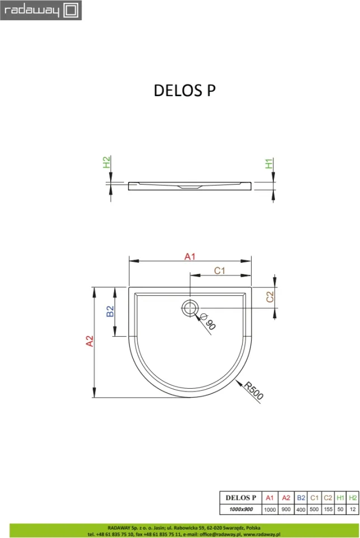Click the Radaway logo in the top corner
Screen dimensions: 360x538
pyautogui.click(x=41, y=10)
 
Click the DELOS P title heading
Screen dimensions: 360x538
pyautogui.click(x=184, y=91)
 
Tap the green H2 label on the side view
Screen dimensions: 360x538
pyautogui.click(x=107, y=162)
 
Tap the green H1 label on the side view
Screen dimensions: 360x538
pyautogui.click(x=269, y=163)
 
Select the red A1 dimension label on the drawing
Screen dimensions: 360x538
pyautogui.click(x=190, y=257)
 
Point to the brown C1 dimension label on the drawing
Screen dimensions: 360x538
pyautogui.click(x=220, y=271)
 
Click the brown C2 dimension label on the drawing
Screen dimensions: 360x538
pyautogui.click(x=270, y=297)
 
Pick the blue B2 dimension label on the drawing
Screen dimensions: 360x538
pyautogui.click(x=110, y=312)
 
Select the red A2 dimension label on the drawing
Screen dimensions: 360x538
pyautogui.click(x=89, y=341)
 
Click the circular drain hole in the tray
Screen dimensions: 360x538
pyautogui.click(x=190, y=308)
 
